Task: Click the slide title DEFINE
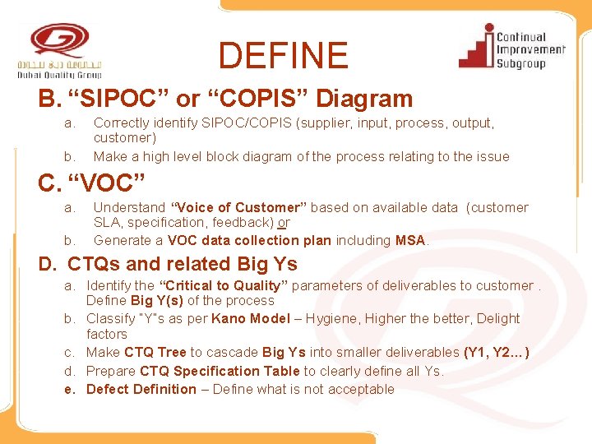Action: pos(283,56)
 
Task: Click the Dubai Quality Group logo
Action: pos(60,51)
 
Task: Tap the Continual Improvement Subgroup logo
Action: pos(511,47)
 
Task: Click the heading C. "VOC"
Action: pos(91,183)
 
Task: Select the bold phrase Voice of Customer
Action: pos(237,207)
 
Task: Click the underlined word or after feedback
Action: pos(284,223)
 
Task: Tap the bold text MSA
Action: pos(410,240)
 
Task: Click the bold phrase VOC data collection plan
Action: pos(249,240)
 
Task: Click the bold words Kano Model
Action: pos(251,318)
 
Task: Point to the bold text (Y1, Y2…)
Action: pos(497,353)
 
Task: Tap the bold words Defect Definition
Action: pos(141,389)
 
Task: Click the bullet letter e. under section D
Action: pos(70,389)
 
